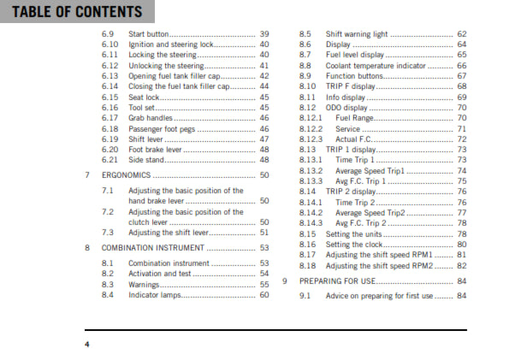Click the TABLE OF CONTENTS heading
(x=72, y=12)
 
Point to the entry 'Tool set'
(x=144, y=108)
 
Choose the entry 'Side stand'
(x=146, y=159)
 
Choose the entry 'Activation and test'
(x=160, y=273)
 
